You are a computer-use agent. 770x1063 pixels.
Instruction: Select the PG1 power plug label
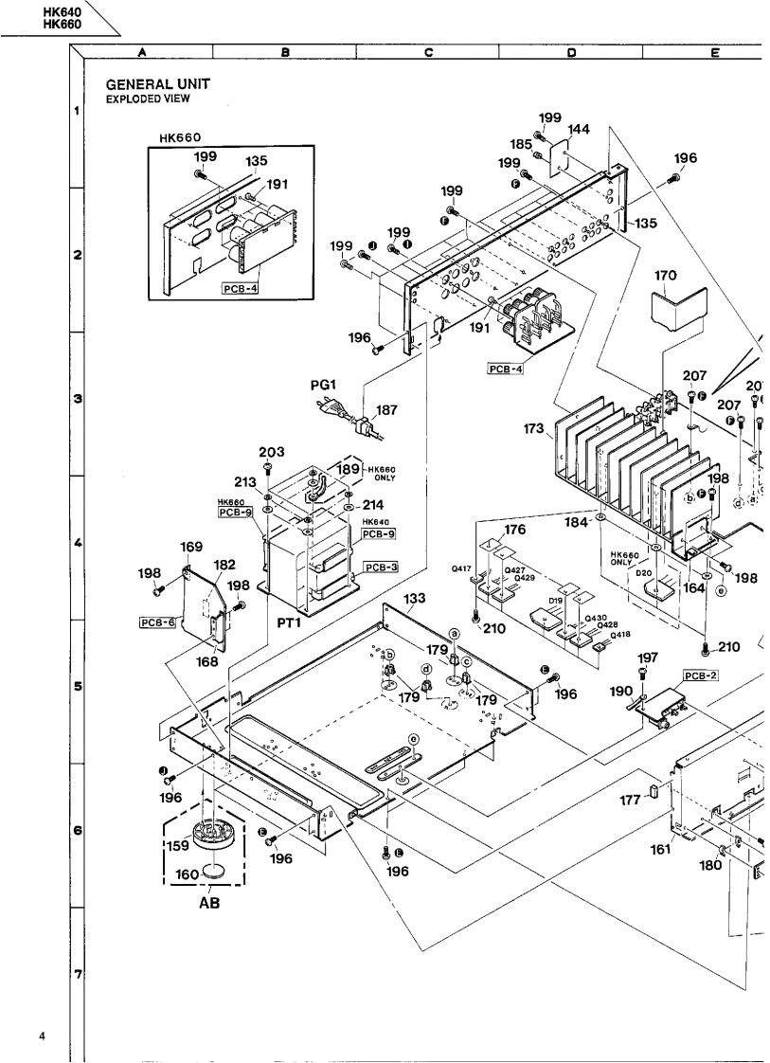(x=325, y=386)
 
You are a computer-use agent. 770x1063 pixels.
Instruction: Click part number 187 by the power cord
(x=385, y=410)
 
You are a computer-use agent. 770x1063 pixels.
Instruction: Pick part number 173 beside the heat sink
(x=532, y=429)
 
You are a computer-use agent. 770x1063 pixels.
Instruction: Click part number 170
(x=665, y=278)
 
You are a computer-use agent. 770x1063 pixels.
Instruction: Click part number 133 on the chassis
(x=414, y=599)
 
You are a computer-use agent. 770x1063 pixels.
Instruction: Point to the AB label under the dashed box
(x=209, y=903)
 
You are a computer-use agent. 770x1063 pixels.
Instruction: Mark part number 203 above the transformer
(x=271, y=452)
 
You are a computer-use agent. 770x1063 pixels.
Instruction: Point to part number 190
(x=619, y=694)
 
